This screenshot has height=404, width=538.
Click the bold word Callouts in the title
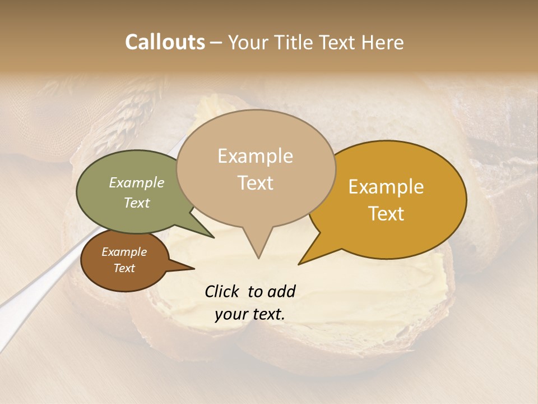(x=165, y=42)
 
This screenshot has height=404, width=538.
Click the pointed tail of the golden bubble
(x=300, y=263)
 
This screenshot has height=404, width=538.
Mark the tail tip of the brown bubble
(x=193, y=269)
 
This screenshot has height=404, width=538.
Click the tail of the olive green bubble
(x=212, y=236)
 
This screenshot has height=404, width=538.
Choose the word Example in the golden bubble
(x=386, y=187)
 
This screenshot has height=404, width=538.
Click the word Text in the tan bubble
(x=256, y=183)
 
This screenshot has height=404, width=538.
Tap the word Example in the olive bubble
(x=137, y=182)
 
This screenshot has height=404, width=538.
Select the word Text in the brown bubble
(x=124, y=268)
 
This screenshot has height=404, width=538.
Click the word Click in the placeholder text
(x=222, y=291)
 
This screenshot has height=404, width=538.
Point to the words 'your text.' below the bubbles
(x=250, y=314)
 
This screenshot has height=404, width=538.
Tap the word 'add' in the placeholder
(x=281, y=291)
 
